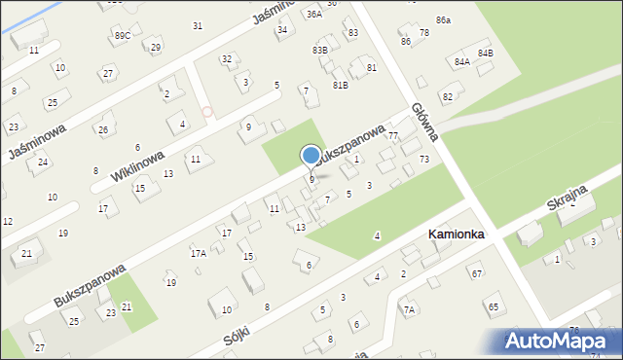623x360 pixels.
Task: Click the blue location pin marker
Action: pyautogui.click(x=311, y=156)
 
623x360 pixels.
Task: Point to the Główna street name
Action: pyautogui.click(x=425, y=123)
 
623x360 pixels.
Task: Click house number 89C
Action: pyautogui.click(x=122, y=35)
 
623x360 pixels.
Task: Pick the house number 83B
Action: pyautogui.click(x=319, y=50)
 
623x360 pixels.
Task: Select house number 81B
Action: pyautogui.click(x=340, y=85)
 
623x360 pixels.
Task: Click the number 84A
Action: pyautogui.click(x=461, y=61)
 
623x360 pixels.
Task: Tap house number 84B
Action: pyautogui.click(x=485, y=53)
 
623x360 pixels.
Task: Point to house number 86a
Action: pyautogui.click(x=443, y=20)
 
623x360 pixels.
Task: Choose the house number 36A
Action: pyautogui.click(x=313, y=15)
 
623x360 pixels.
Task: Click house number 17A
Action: pyautogui.click(x=198, y=253)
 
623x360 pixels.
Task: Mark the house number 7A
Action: pyautogui.click(x=409, y=309)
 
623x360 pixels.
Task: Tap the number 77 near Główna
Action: pyautogui.click(x=393, y=136)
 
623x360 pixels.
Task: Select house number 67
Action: pyautogui.click(x=476, y=273)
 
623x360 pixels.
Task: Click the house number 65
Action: pyautogui.click(x=494, y=306)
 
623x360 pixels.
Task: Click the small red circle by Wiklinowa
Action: pyautogui.click(x=206, y=112)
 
